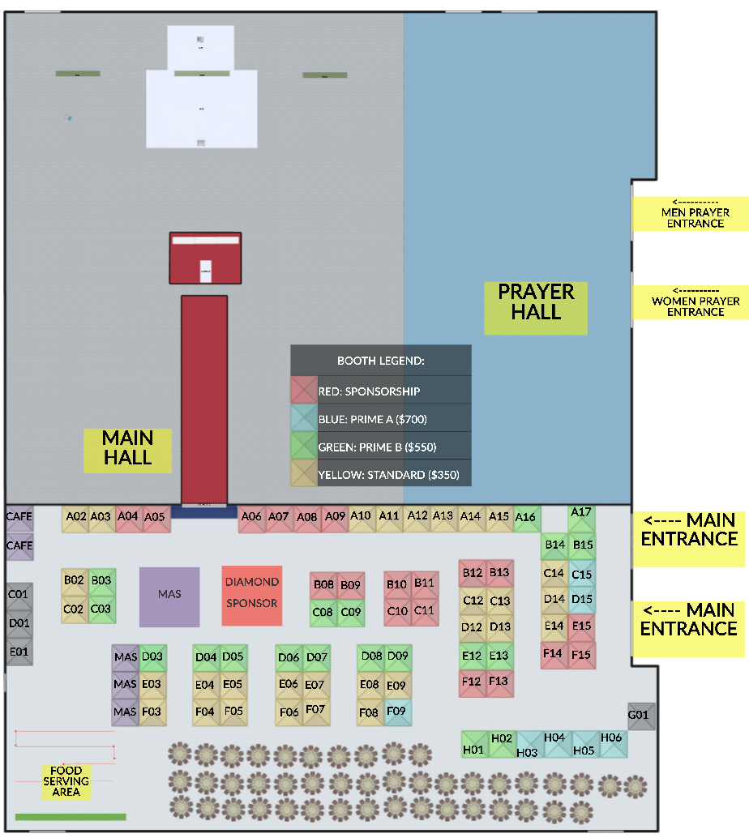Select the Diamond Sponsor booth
pyautogui.click(x=252, y=596)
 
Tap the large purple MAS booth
pyautogui.click(x=169, y=596)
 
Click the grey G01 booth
pyautogui.click(x=640, y=716)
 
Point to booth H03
pyautogui.click(x=529, y=746)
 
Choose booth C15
pyautogui.click(x=581, y=574)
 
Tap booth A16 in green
pyautogui.click(x=527, y=519)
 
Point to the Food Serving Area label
pyautogui.click(x=66, y=781)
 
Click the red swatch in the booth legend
pyautogui.click(x=304, y=390)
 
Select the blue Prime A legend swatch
pyautogui.click(x=304, y=418)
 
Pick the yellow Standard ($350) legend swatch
pyautogui.click(x=304, y=473)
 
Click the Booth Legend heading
pyautogui.click(x=381, y=361)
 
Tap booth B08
pyautogui.click(x=323, y=585)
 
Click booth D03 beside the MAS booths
pyautogui.click(x=153, y=657)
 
